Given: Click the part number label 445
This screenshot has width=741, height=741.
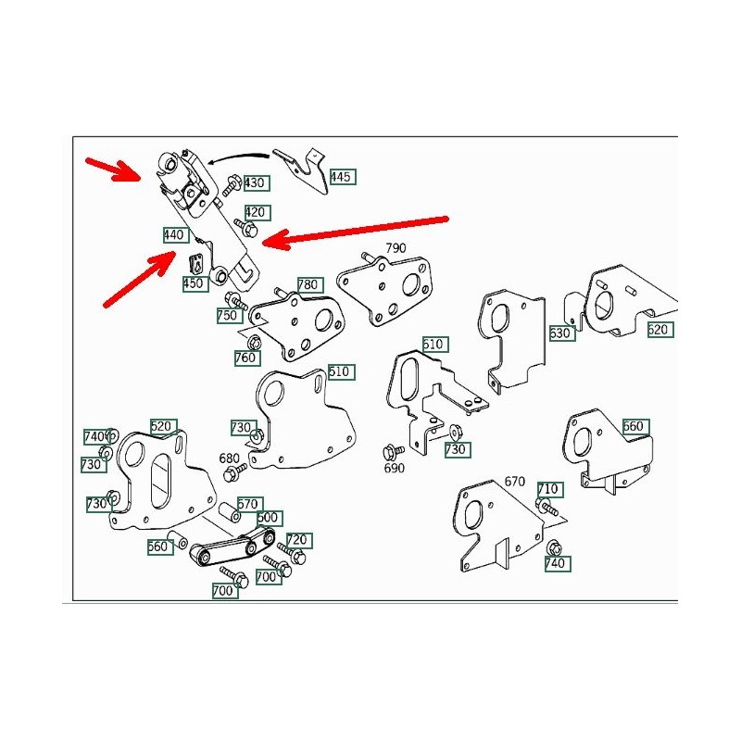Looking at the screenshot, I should coord(341,176).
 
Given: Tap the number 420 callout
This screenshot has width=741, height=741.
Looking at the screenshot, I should coord(256,212).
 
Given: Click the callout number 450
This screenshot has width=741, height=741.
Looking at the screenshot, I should coord(195,283).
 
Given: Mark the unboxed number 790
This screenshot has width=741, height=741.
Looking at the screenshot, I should coord(396,248).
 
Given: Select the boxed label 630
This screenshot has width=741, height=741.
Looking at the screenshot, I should coord(561,333).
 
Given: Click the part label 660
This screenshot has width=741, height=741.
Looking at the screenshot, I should coord(634,426).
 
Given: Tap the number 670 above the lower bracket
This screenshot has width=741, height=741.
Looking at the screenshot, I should coord(514,481).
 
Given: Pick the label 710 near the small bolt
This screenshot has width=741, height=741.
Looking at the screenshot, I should coord(547,488).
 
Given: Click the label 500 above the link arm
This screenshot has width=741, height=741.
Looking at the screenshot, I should coord(269,518).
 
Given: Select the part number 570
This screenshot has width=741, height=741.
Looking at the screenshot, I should coord(247,504).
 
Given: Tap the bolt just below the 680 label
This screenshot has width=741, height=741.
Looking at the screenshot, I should coord(232,475).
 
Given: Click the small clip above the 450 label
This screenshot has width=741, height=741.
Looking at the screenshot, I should coord(195,263).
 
